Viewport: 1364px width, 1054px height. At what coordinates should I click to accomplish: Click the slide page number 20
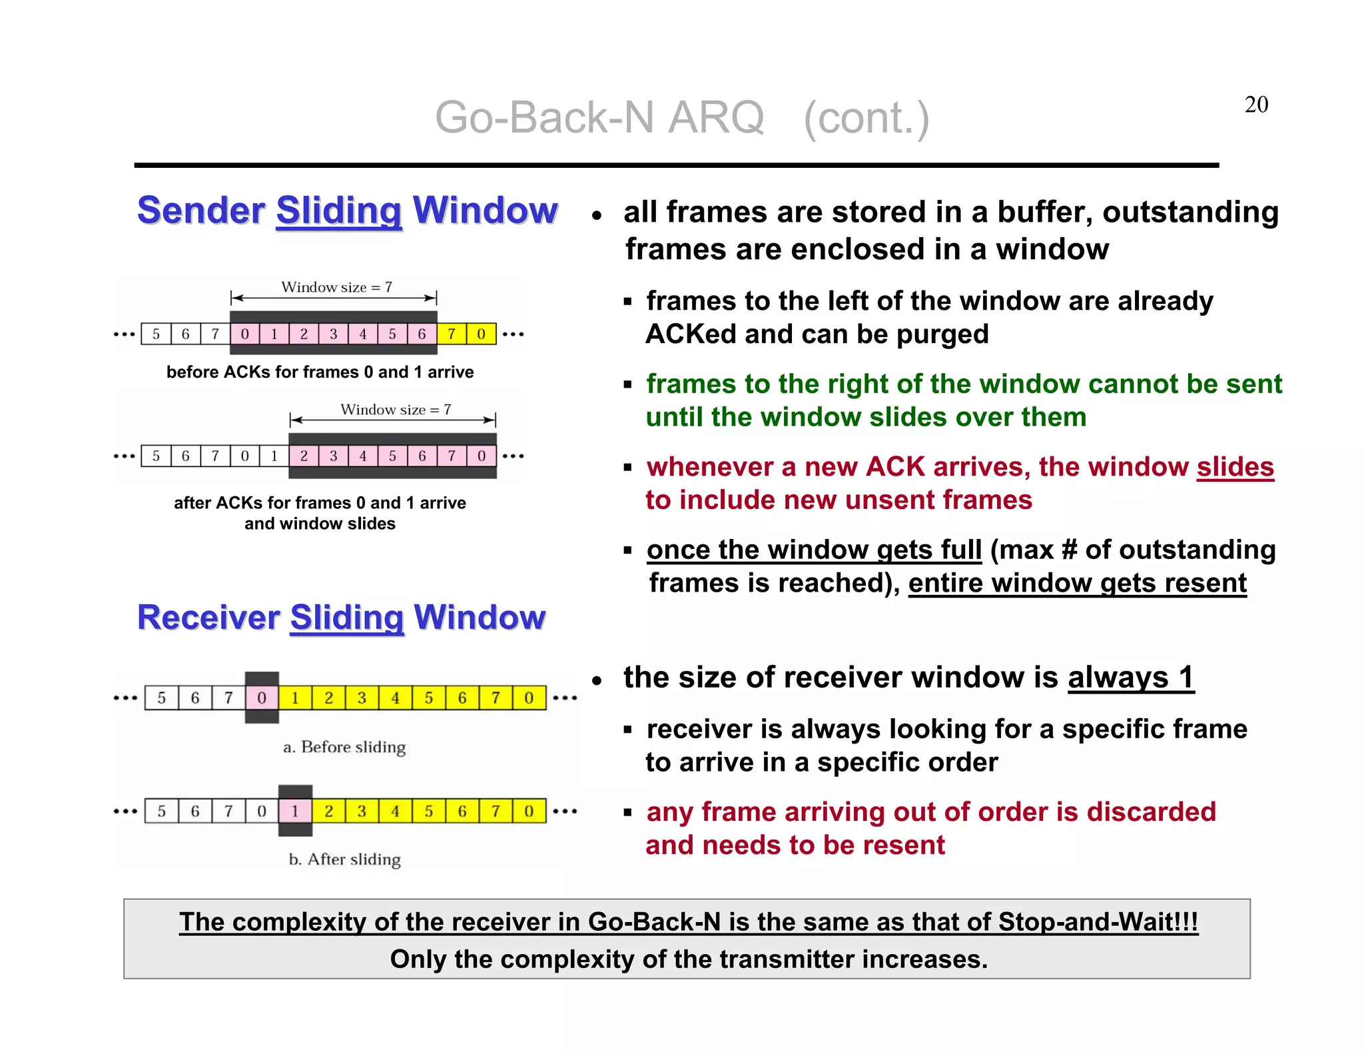1256,105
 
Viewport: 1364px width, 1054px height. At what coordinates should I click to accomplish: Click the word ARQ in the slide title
715,118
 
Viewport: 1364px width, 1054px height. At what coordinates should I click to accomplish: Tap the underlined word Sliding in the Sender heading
339,211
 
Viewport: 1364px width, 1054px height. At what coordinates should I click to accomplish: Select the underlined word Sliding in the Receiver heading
347,618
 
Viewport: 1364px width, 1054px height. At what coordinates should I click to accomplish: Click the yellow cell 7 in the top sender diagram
452,334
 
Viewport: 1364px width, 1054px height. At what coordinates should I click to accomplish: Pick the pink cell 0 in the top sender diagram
245,334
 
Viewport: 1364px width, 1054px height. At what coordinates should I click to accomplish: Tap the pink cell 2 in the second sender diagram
304,456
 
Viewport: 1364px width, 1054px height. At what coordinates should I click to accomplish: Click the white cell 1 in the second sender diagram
274,456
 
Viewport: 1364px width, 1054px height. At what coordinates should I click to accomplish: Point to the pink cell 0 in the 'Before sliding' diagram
262,698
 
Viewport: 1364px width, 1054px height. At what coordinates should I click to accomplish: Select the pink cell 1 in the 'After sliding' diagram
295,811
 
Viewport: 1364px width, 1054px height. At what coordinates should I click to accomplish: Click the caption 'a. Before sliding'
344,747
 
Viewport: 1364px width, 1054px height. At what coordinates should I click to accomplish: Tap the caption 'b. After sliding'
345,859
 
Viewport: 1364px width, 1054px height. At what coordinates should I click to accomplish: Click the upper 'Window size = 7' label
336,287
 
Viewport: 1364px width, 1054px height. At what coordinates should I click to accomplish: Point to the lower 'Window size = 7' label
396,409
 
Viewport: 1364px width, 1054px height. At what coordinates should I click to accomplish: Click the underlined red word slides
1235,467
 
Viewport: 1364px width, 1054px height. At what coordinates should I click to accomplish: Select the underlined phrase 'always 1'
1131,678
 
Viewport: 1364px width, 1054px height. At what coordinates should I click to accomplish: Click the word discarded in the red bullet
1151,812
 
